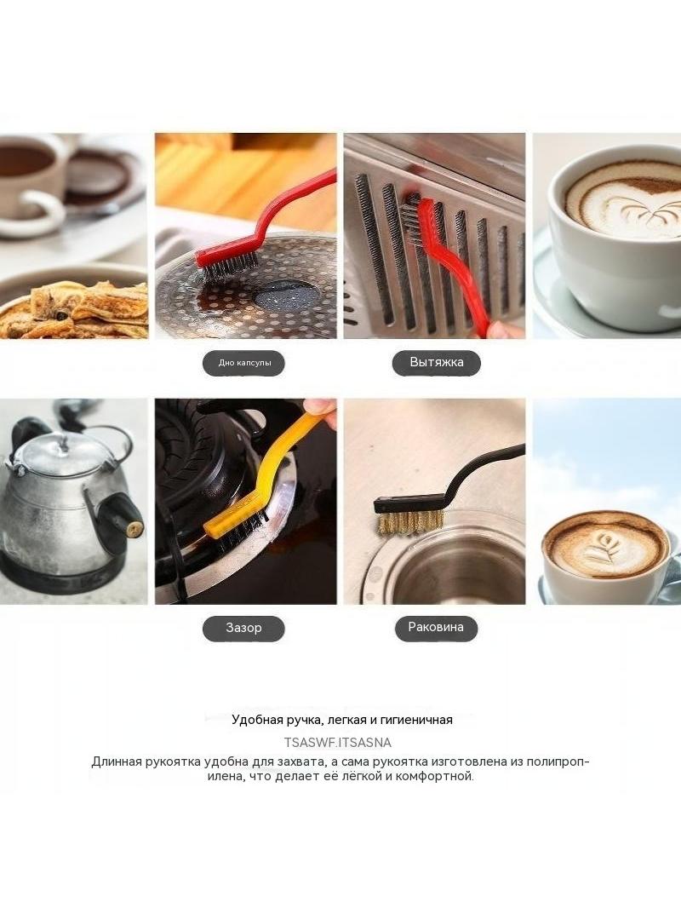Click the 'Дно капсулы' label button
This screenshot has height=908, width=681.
pyautogui.click(x=243, y=363)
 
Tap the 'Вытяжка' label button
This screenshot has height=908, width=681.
pyautogui.click(x=436, y=363)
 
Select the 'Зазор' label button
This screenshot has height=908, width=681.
pyautogui.click(x=243, y=628)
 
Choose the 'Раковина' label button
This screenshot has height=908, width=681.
pyautogui.click(x=436, y=627)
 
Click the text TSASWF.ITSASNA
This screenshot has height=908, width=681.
pyautogui.click(x=338, y=743)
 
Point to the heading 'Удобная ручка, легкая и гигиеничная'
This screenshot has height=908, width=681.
pyautogui.click(x=342, y=720)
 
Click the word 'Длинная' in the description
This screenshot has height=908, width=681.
pyautogui.click(x=117, y=761)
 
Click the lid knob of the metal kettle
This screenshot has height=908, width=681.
pyautogui.click(x=61, y=443)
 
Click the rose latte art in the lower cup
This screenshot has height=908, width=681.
pyautogui.click(x=604, y=547)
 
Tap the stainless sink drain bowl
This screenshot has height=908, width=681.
pyautogui.click(x=457, y=571)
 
